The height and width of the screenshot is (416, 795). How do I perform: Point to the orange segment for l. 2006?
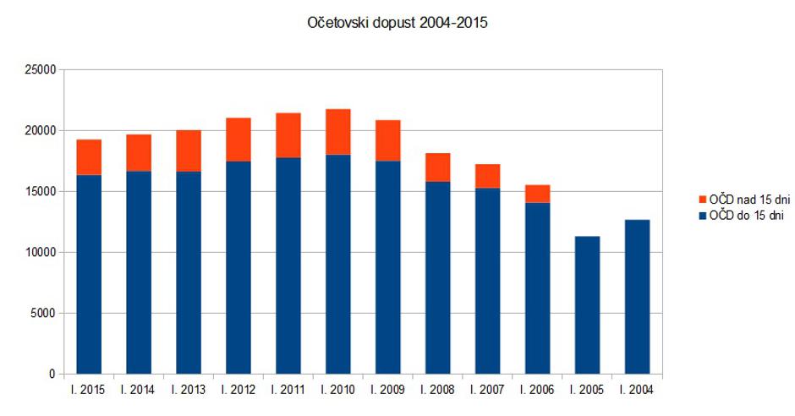click(x=537, y=194)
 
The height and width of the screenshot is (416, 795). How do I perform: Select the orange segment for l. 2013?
click(x=189, y=151)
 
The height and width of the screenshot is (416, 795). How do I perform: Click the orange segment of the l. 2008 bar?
click(x=437, y=167)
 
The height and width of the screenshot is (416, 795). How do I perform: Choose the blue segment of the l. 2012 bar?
click(x=238, y=267)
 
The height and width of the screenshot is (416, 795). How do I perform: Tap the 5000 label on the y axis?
click(x=43, y=314)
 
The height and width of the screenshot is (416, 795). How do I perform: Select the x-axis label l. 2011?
click(x=288, y=390)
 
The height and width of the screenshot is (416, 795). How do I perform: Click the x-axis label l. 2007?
click(x=487, y=390)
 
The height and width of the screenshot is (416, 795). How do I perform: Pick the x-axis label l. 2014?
click(x=139, y=390)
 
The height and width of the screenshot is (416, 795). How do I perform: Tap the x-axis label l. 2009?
click(x=388, y=390)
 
